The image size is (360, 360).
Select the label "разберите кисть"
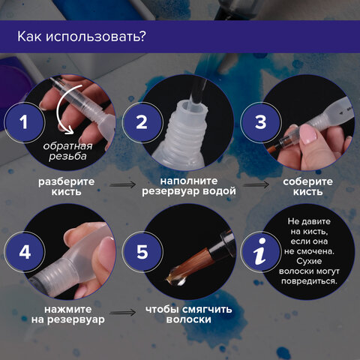[x=64, y=186]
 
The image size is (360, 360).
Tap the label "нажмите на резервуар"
[x=64, y=313]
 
